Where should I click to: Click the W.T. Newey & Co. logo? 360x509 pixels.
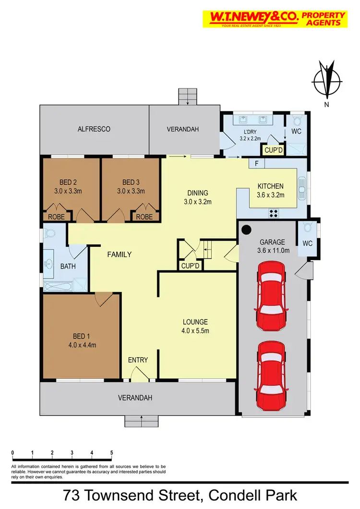pyautogui.click(x=275, y=19)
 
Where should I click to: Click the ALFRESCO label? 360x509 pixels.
pyautogui.click(x=94, y=129)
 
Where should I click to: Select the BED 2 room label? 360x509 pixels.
pyautogui.click(x=68, y=182)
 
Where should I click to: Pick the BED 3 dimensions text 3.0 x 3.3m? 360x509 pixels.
pyautogui.click(x=131, y=191)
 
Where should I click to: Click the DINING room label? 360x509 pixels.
pyautogui.click(x=197, y=194)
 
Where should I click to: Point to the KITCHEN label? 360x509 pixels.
pyautogui.click(x=271, y=186)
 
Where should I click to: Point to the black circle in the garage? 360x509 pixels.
pyautogui.click(x=246, y=230)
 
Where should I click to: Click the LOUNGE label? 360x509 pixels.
pyautogui.click(x=195, y=322)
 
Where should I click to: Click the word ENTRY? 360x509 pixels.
pyautogui.click(x=138, y=360)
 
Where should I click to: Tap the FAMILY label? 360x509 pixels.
pyautogui.click(x=119, y=254)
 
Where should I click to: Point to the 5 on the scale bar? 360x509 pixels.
pyautogui.click(x=111, y=453)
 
